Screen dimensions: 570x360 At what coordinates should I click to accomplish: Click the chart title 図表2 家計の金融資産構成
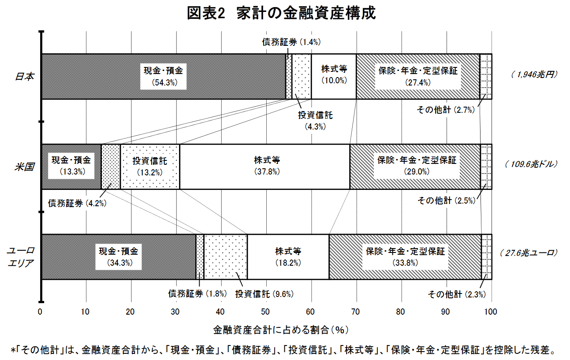point(281,13)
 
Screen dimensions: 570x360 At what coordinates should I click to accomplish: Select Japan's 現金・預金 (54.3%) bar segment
point(164,76)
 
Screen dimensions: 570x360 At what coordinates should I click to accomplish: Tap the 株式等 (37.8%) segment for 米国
point(265,167)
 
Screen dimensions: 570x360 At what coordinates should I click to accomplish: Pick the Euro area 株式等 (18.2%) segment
point(288,257)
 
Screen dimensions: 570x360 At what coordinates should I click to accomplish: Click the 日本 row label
point(24,76)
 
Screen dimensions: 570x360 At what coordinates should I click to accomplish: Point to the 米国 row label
point(24,167)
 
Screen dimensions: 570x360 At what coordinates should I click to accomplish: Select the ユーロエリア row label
point(20,257)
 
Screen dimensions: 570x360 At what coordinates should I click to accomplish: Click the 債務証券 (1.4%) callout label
point(291,42)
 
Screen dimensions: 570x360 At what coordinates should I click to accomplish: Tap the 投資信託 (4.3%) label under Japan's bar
point(315,121)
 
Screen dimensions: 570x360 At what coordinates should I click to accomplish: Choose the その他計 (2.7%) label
point(446,110)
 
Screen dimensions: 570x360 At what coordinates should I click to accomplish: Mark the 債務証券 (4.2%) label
point(77,203)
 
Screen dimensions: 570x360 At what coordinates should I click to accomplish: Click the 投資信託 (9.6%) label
point(265,294)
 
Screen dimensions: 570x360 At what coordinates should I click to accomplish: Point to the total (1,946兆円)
point(534,74)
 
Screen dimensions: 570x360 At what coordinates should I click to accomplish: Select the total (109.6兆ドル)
point(531,164)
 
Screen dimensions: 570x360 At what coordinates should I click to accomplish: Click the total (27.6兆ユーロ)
point(529,253)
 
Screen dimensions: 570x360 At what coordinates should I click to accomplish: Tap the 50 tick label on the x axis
point(265,312)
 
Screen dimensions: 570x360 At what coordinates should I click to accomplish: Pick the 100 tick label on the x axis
point(490,312)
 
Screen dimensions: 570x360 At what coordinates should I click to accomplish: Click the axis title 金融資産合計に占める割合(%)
point(281,330)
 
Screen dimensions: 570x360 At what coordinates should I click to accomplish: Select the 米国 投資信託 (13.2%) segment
point(150,167)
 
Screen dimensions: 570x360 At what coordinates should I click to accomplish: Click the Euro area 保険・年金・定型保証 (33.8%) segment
point(405,257)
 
